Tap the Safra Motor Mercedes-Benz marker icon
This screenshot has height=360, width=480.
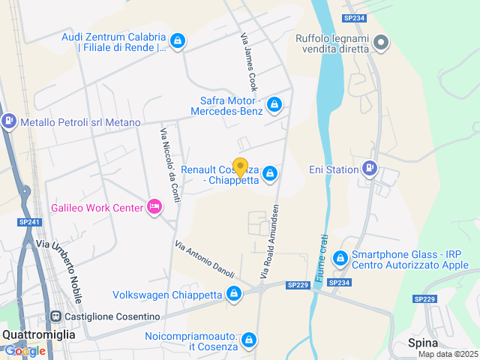tap(274, 104)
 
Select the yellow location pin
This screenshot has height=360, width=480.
tap(241, 167)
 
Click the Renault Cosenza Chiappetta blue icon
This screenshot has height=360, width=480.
tap(270, 175)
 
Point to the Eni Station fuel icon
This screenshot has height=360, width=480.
tap(369, 169)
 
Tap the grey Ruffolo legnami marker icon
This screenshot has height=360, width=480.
tap(382, 43)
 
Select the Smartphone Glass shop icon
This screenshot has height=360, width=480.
tap(340, 259)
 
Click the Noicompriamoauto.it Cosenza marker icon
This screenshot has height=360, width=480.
tap(250, 341)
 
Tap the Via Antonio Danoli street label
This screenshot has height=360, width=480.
tap(205, 259)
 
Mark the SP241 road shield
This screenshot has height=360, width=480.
tap(29, 222)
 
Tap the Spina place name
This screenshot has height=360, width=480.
tap(422, 343)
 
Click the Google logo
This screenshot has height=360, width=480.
tap(25, 350)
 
